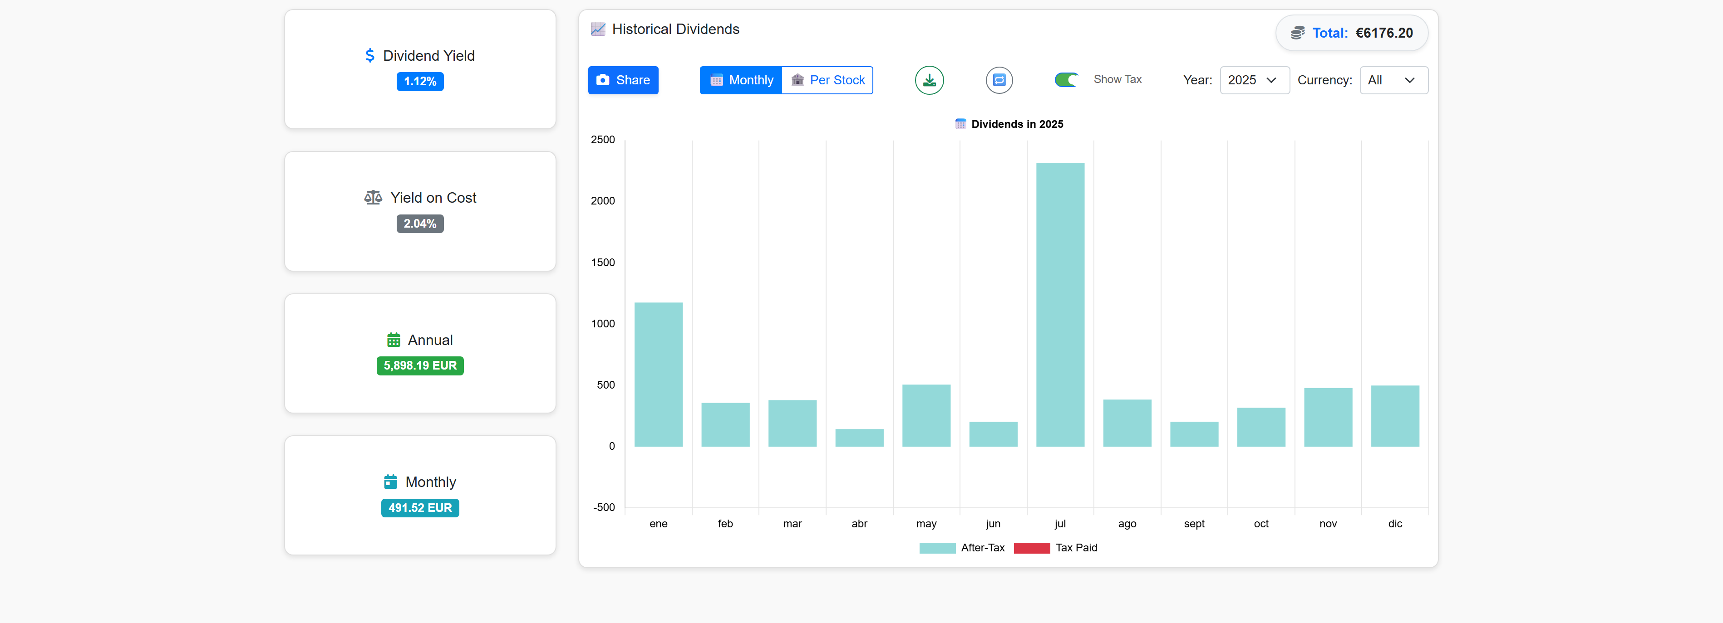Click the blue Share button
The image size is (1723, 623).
pyautogui.click(x=623, y=80)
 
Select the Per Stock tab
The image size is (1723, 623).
pyautogui.click(x=827, y=80)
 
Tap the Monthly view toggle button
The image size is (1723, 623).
pyautogui.click(x=741, y=80)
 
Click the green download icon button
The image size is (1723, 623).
pyautogui.click(x=929, y=80)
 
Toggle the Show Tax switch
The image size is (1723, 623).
pyautogui.click(x=1066, y=80)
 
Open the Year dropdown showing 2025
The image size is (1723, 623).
pyautogui.click(x=1254, y=80)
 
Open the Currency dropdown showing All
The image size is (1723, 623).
pyautogui.click(x=1393, y=80)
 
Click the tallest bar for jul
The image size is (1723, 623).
pyautogui.click(x=1060, y=304)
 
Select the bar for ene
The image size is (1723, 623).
pyautogui.click(x=658, y=375)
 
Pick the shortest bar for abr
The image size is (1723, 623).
pyautogui.click(x=860, y=438)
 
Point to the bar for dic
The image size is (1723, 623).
pyautogui.click(x=1394, y=416)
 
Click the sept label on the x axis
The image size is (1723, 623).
pyautogui.click(x=1194, y=523)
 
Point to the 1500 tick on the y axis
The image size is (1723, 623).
pyautogui.click(x=603, y=263)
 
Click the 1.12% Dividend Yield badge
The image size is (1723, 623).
pyautogui.click(x=420, y=82)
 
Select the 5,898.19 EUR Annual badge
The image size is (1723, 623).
pyautogui.click(x=420, y=365)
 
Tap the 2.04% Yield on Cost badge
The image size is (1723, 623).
pyautogui.click(x=420, y=224)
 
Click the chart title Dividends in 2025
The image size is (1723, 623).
pyautogui.click(x=1017, y=124)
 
